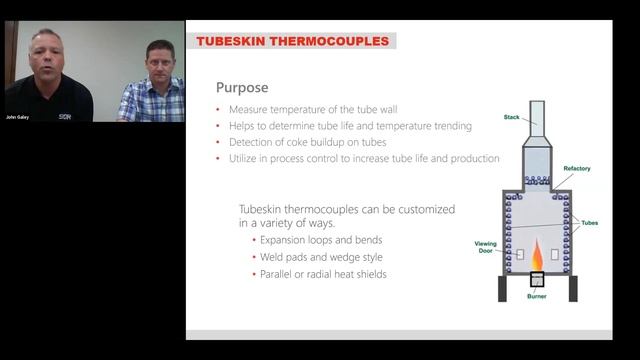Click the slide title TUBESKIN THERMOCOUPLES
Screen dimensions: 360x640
click(x=292, y=41)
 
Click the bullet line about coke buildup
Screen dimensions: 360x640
click(x=314, y=142)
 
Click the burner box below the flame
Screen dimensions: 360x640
click(x=538, y=280)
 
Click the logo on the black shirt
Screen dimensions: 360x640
click(x=64, y=115)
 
